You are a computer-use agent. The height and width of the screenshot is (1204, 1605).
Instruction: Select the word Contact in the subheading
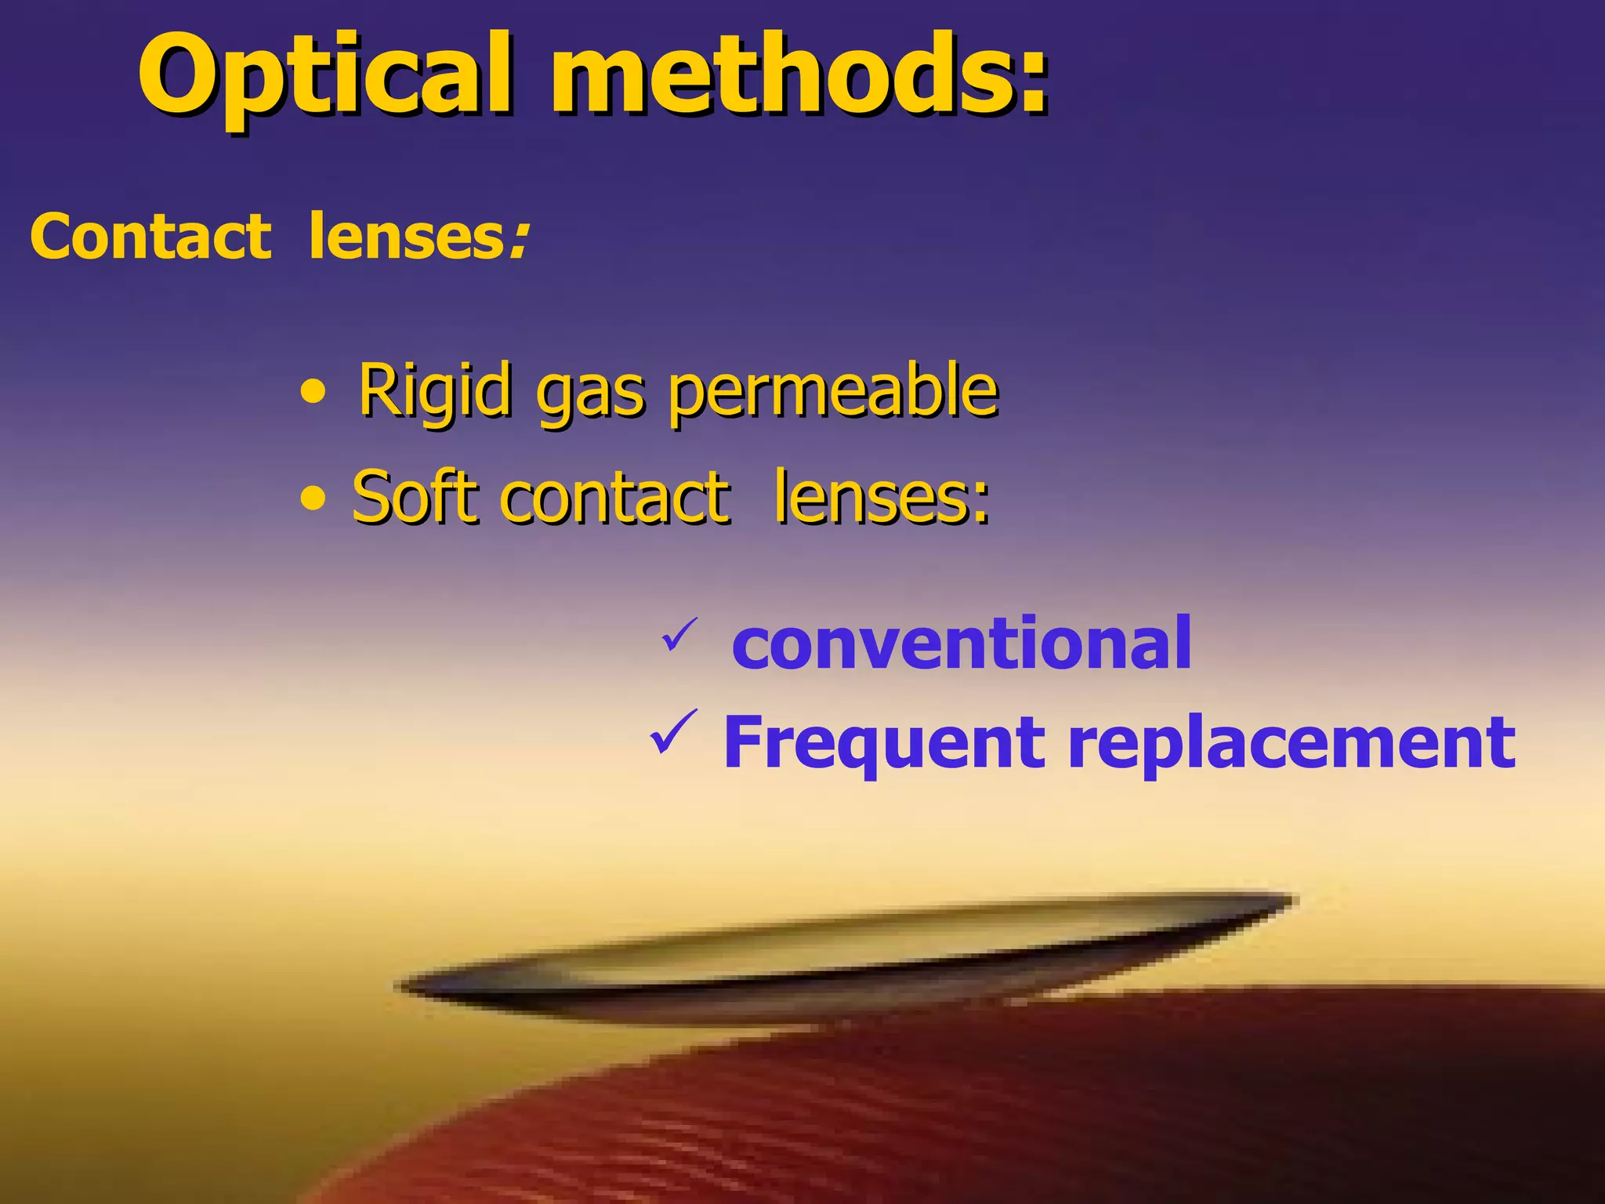tap(150, 237)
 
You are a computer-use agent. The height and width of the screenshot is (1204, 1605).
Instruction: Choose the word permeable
tap(834, 392)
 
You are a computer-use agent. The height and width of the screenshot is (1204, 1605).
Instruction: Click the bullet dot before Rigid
tap(313, 391)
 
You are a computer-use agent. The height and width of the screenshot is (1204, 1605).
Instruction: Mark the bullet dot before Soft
tap(313, 499)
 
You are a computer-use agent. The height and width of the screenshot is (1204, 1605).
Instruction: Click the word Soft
tap(415, 496)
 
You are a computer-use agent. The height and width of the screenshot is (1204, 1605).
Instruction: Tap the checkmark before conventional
tap(679, 635)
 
